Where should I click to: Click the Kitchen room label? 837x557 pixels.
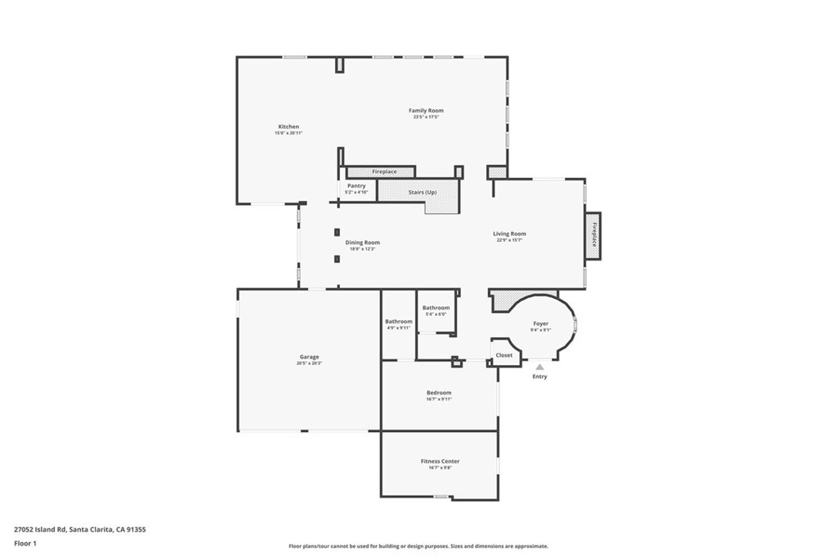point(289,127)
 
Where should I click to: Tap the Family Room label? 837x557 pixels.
point(426,110)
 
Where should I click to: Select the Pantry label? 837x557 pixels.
point(356,185)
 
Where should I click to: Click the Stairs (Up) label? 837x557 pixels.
point(423,192)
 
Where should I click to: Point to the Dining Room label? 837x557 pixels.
point(362,243)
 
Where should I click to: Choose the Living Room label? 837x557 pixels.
point(509,234)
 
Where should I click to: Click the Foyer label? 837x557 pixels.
point(540,323)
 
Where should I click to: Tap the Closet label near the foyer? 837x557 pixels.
point(504,355)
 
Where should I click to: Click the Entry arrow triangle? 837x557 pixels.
point(539,368)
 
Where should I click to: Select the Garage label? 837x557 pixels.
point(309,357)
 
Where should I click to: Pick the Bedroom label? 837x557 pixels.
point(439,393)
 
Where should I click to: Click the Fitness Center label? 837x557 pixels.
point(440,461)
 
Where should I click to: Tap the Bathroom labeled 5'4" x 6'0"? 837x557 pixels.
point(436,308)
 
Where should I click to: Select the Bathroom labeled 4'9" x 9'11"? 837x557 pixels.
point(399,321)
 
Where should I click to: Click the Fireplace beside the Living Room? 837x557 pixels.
point(594,235)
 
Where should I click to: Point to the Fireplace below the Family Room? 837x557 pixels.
point(384,172)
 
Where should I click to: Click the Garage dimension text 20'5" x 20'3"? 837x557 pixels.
point(309,363)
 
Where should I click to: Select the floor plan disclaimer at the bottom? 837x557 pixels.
point(418,546)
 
